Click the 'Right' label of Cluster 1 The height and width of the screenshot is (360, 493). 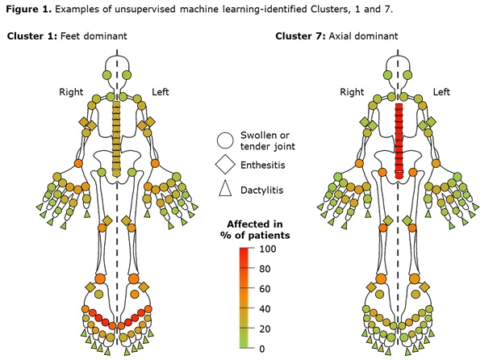tap(71, 92)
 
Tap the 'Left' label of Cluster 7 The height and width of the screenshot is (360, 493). tap(441, 92)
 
